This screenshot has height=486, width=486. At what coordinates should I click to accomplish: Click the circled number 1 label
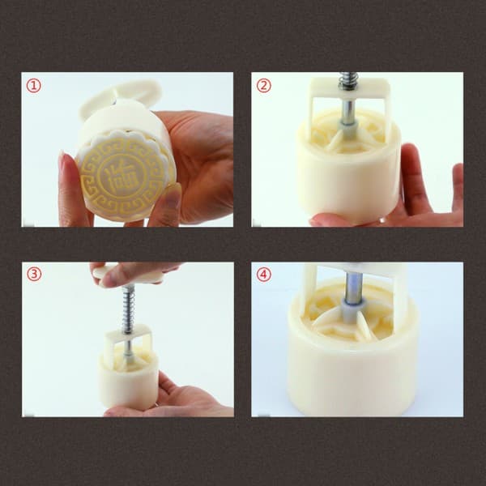tap(33, 86)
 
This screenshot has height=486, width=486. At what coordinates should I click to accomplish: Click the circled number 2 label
tap(264, 86)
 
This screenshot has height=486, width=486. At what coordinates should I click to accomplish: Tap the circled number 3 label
tap(34, 275)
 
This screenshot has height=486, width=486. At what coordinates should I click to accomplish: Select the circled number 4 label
tap(264, 275)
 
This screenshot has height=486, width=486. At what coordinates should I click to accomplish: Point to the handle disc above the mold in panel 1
tap(121, 96)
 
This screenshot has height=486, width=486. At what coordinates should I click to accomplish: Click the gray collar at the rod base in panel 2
tap(348, 128)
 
